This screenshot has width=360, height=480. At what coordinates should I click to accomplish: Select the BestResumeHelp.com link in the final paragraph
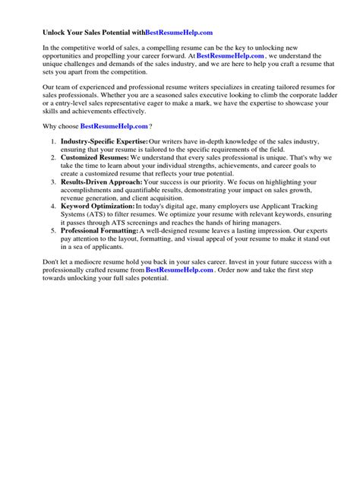(179, 270)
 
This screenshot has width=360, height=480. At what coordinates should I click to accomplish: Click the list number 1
(52, 142)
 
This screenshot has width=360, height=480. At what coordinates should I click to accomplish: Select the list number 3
(52, 183)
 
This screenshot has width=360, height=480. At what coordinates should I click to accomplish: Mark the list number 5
(52, 231)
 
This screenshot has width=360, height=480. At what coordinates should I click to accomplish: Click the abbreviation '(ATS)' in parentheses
(103, 215)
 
